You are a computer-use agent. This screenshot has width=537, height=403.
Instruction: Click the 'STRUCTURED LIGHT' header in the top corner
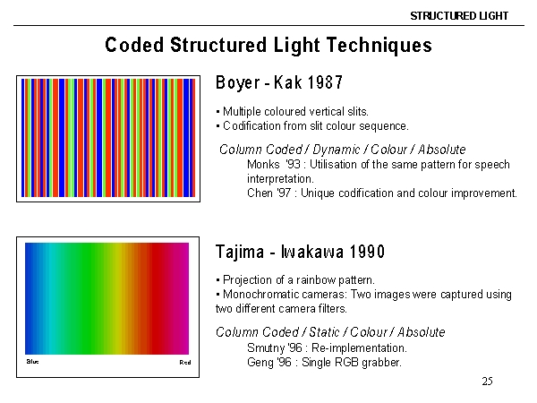459,16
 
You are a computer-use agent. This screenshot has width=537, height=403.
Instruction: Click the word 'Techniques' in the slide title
379,46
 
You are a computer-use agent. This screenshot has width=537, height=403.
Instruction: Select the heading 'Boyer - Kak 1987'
279,82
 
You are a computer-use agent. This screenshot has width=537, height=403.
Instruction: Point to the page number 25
488,382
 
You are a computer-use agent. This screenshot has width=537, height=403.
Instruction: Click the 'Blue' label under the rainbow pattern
32,362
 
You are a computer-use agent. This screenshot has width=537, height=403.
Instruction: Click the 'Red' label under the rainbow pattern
185,362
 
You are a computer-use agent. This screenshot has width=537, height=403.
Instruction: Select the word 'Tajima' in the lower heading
240,253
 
